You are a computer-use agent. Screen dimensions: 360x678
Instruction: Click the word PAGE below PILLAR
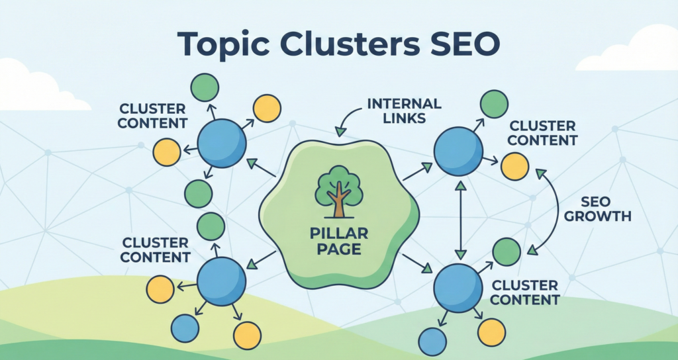[x=339, y=249]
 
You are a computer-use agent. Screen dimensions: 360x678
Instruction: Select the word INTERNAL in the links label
[x=405, y=104]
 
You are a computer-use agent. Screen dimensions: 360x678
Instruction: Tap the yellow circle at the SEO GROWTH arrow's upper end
[x=514, y=166]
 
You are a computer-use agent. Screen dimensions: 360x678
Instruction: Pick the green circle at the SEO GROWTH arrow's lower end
[x=507, y=252]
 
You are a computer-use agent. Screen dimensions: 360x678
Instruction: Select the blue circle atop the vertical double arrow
[x=458, y=150]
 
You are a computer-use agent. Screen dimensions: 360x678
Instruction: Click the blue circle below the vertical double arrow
[x=458, y=287]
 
